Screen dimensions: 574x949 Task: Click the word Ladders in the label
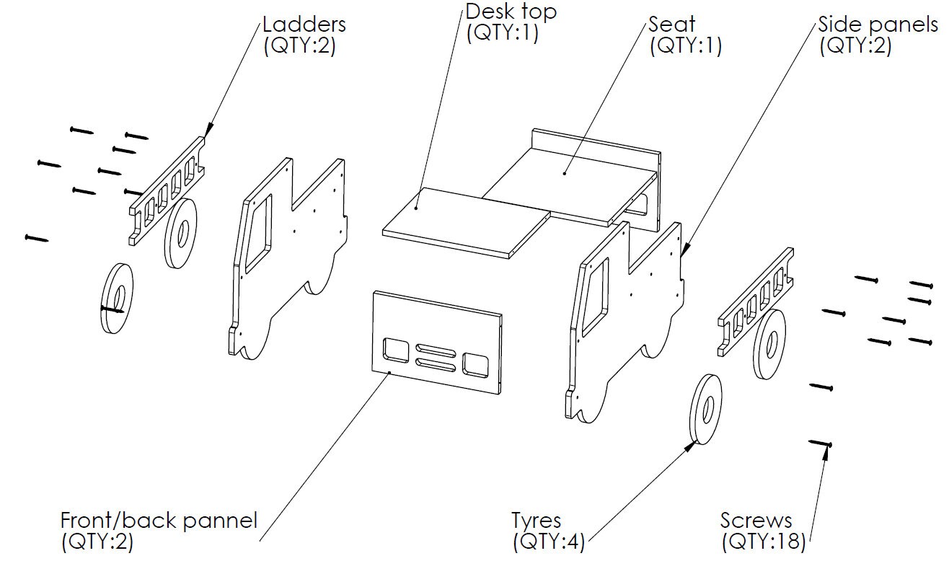pyautogui.click(x=304, y=24)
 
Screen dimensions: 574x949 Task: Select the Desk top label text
pyautogui.click(x=511, y=12)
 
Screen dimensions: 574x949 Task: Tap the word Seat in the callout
pyautogui.click(x=672, y=24)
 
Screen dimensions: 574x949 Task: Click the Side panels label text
pyautogui.click(x=878, y=24)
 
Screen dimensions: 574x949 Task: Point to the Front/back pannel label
pyautogui.click(x=158, y=520)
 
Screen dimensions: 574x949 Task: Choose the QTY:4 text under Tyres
pyautogui.click(x=548, y=542)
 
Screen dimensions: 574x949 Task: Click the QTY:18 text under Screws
pyautogui.click(x=764, y=542)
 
